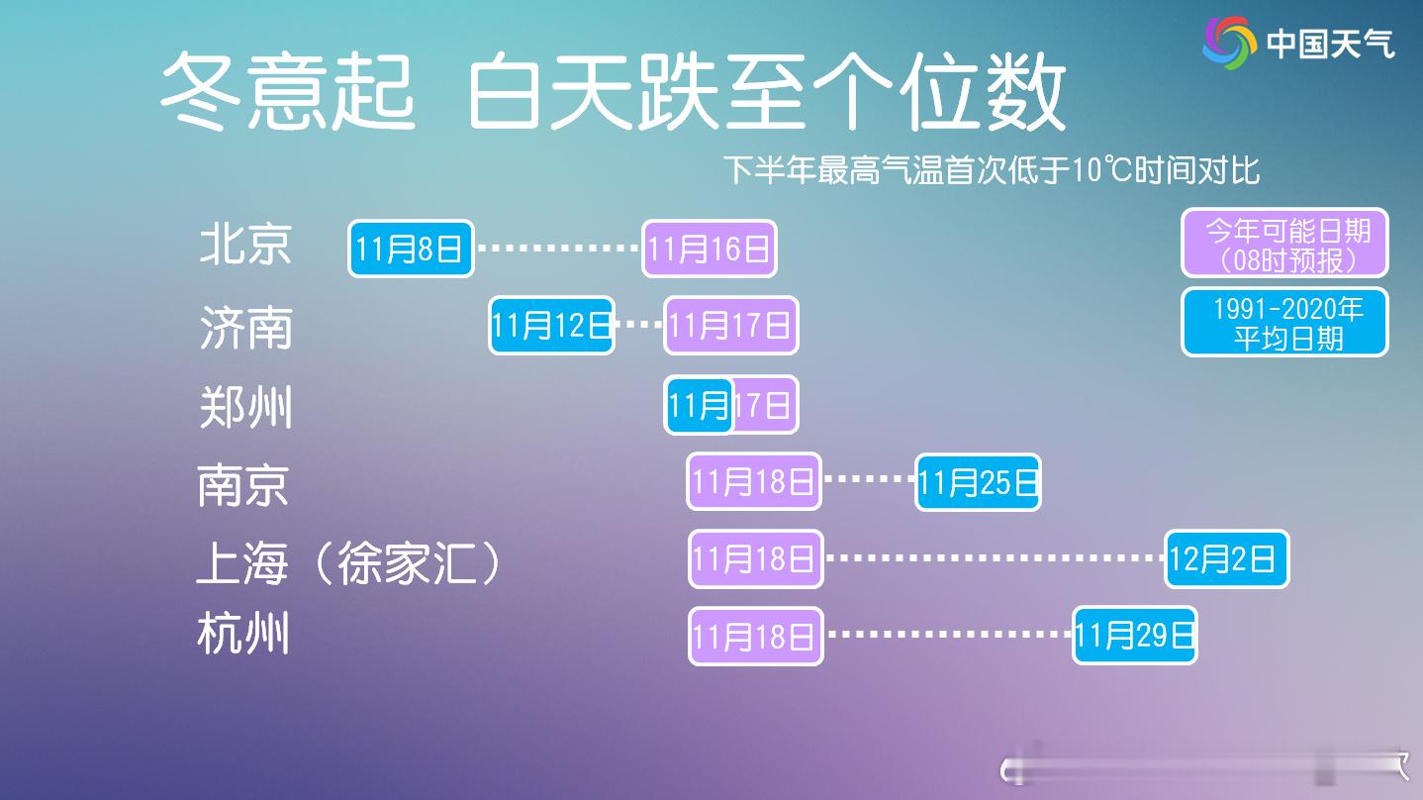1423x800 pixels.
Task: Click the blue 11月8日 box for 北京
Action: (x=411, y=249)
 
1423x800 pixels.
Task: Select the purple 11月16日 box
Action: (x=710, y=249)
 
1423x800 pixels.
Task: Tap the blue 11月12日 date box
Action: (x=551, y=325)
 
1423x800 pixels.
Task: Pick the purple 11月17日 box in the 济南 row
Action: (x=731, y=325)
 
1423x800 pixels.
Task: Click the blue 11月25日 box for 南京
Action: (x=978, y=482)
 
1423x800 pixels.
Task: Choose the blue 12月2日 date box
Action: (x=1226, y=559)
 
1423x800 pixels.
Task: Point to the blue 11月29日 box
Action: (x=1135, y=635)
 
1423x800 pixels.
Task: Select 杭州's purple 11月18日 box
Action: (x=756, y=636)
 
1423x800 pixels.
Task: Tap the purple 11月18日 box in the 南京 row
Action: (x=754, y=482)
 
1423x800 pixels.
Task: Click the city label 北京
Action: (x=245, y=245)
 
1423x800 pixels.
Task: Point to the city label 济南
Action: (x=245, y=327)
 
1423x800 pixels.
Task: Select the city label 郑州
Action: (x=245, y=407)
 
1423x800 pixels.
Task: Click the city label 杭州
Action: (x=243, y=634)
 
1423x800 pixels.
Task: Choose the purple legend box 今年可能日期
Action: (x=1284, y=243)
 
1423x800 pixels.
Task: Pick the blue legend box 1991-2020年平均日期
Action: (x=1284, y=322)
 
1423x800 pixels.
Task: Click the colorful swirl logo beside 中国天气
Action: (x=1228, y=43)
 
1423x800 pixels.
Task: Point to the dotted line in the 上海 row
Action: (x=994, y=558)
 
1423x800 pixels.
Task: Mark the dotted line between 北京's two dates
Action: (x=558, y=249)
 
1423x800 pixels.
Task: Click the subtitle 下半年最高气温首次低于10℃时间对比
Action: (x=991, y=170)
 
